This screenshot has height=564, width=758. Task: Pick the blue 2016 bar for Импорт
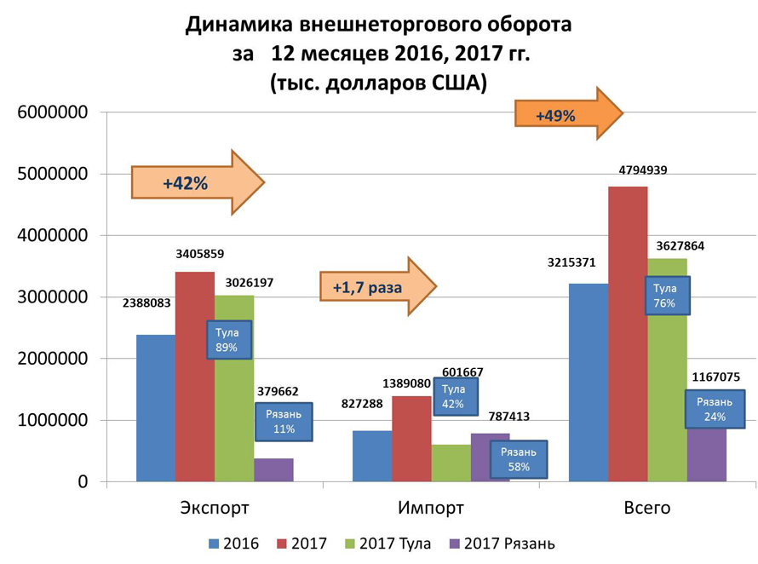[371, 456]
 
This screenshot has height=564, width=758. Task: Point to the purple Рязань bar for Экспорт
[273, 470]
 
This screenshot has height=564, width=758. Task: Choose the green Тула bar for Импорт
[451, 463]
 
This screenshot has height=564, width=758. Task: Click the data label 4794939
[643, 170]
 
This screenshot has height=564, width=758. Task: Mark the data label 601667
[462, 371]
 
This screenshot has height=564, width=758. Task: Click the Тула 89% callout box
[227, 340]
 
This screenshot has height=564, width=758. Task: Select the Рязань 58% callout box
[520, 459]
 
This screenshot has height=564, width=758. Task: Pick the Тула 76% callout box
[665, 296]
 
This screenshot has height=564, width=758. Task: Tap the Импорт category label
[431, 509]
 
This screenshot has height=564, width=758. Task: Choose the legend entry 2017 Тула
[388, 544]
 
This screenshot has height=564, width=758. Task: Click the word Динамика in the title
[241, 25]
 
